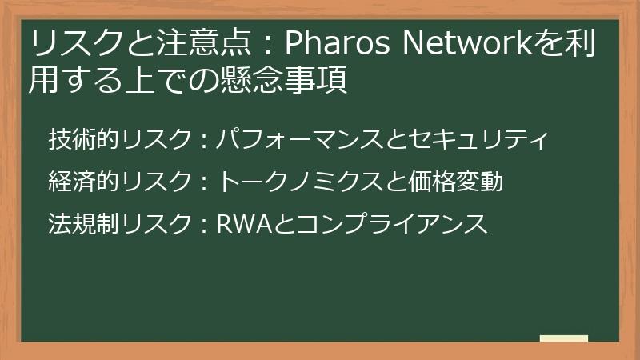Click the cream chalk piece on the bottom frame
click(x=563, y=338)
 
